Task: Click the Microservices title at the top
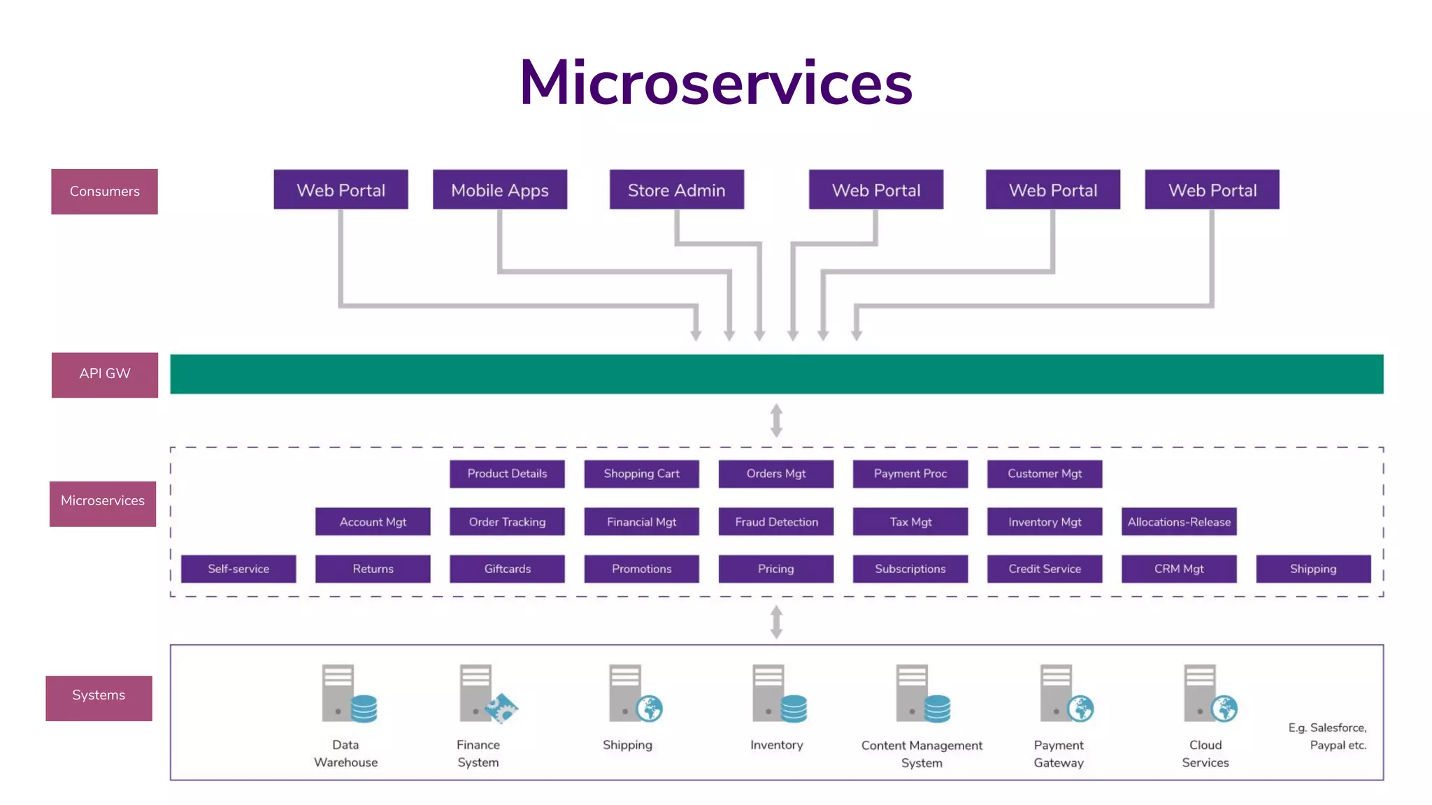coord(716,82)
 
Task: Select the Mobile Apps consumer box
coord(500,189)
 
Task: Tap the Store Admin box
coord(676,189)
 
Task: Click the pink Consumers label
coord(104,191)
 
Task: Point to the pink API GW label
coord(105,375)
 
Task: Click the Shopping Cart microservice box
coord(641,474)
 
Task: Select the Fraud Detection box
coord(776,522)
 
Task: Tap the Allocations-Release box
coord(1179,522)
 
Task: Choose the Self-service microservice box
coord(238,569)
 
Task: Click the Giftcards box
coord(507,569)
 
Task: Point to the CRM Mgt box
coord(1179,569)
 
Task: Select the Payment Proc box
coord(910,474)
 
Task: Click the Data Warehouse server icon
coord(348,694)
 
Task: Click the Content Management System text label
coord(922,754)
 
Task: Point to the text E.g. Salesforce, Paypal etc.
coord(1327,737)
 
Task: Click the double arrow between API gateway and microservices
coord(776,421)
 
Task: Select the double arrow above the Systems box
coord(776,622)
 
